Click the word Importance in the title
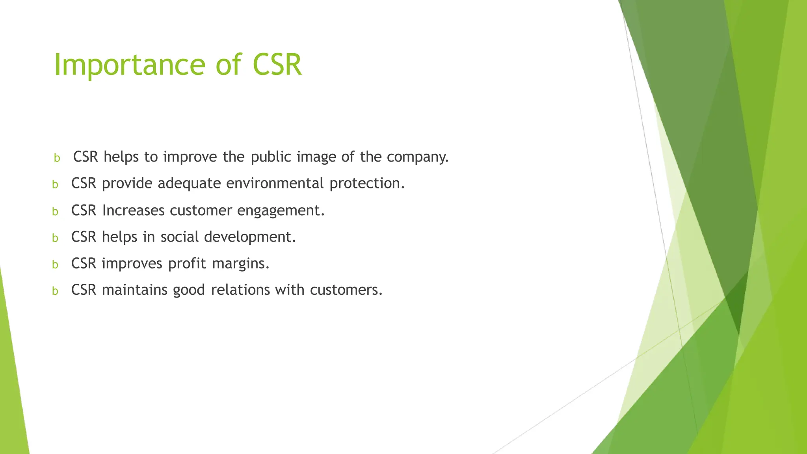pyautogui.click(x=129, y=65)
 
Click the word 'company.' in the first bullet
pyautogui.click(x=418, y=157)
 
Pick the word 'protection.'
pyautogui.click(x=367, y=184)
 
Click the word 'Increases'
pyautogui.click(x=133, y=210)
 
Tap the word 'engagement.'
pyautogui.click(x=281, y=211)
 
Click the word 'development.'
pyautogui.click(x=250, y=237)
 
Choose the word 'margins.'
pyautogui.click(x=241, y=264)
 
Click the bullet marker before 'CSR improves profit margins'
pyautogui.click(x=55, y=264)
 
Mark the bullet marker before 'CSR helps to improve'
pyautogui.click(x=57, y=158)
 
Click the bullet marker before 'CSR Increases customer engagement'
pyautogui.click(x=55, y=212)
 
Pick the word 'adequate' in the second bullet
pyautogui.click(x=189, y=184)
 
